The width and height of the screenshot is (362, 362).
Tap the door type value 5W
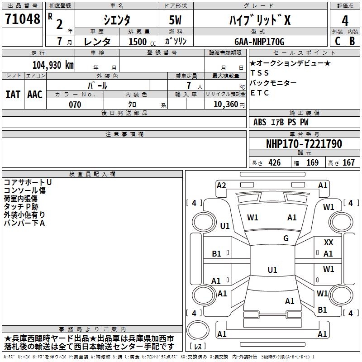(x=176, y=20)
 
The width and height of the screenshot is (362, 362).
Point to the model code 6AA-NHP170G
(x=259, y=42)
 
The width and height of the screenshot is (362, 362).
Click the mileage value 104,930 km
(x=53, y=65)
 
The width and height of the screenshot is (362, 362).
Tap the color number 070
(x=75, y=105)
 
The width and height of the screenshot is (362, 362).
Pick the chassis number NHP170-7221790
(x=304, y=144)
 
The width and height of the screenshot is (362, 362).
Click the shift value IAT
(x=13, y=95)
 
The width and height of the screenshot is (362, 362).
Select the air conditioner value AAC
(x=35, y=95)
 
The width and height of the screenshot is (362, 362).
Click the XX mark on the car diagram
(x=329, y=243)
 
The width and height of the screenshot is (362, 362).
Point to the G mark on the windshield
(x=286, y=238)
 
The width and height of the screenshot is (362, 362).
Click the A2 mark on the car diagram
(x=221, y=185)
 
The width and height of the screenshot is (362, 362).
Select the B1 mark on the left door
(x=217, y=254)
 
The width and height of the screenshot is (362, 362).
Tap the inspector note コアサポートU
(x=28, y=182)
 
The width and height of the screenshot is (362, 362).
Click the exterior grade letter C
(x=338, y=41)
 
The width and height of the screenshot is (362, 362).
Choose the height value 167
(x=348, y=163)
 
